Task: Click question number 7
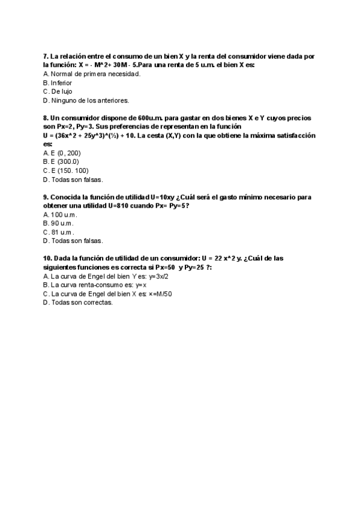46,56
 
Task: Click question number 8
46,118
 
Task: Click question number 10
47,259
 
